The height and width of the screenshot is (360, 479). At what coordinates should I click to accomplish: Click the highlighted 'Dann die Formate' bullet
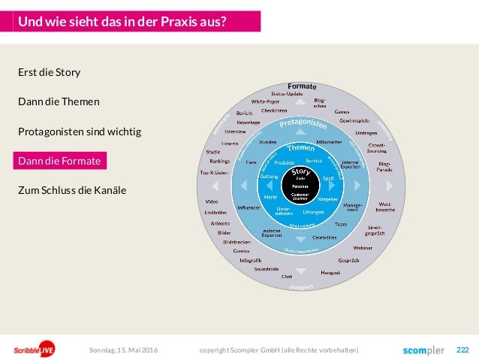click(60, 161)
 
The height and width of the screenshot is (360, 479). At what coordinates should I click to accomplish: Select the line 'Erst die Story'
click(49, 73)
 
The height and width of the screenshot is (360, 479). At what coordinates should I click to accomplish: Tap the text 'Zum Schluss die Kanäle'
click(72, 190)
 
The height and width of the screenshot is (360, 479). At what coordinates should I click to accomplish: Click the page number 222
click(462, 349)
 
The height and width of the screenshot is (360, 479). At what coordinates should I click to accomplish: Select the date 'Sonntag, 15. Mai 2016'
click(124, 349)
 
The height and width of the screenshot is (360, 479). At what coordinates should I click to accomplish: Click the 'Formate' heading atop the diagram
click(302, 86)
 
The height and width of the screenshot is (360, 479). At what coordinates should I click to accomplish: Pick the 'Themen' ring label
click(301, 148)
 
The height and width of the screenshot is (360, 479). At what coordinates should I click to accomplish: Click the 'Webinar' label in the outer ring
click(363, 247)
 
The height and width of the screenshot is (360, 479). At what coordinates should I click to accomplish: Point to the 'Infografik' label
click(250, 260)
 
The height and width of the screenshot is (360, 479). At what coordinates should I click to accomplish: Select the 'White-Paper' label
click(265, 101)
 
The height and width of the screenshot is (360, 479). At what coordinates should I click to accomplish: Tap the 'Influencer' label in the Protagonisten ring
click(249, 207)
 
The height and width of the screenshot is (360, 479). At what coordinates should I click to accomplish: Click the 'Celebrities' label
click(324, 237)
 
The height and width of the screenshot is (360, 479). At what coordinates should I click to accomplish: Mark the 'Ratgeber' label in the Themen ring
click(328, 200)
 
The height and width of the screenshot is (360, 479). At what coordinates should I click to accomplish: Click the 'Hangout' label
click(330, 272)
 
